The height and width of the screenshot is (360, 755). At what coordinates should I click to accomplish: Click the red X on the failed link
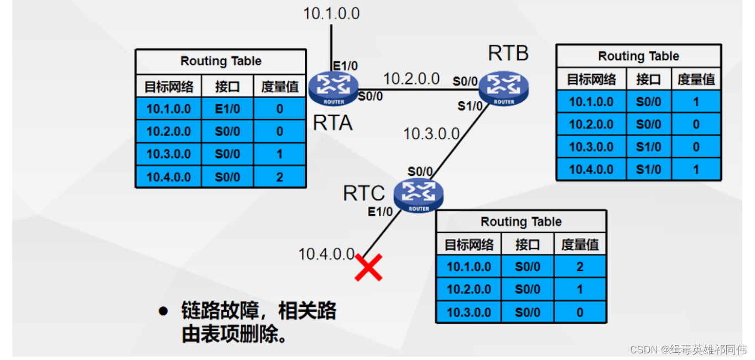369,268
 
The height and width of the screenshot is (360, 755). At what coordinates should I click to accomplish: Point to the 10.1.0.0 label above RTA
331,13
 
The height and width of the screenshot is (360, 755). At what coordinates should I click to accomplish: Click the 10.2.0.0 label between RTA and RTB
412,79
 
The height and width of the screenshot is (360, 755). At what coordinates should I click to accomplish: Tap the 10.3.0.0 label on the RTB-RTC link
431,133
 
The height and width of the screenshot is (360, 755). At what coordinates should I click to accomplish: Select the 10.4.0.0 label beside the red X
326,254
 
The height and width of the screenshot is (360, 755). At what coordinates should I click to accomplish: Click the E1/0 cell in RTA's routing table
227,109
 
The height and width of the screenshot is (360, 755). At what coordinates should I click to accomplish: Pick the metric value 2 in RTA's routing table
280,177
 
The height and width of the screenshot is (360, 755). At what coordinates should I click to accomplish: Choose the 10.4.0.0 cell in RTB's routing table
591,169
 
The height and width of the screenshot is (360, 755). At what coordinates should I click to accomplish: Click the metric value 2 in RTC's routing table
580,267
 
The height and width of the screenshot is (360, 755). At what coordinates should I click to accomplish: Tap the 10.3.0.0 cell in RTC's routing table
469,312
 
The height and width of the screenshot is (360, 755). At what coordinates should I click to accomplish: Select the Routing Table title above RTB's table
638,56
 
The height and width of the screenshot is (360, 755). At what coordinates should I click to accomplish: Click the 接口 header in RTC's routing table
527,244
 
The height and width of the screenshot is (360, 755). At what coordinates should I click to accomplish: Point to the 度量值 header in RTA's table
280,86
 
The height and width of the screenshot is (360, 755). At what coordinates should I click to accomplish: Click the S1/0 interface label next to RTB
470,106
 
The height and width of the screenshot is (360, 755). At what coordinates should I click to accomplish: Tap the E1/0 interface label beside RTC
380,211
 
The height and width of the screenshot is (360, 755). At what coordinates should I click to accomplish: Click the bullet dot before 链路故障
163,311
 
